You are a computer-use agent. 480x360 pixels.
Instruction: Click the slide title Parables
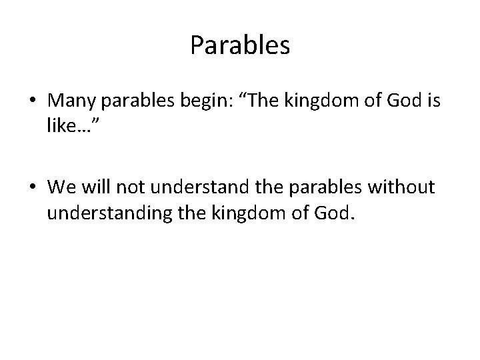click(240, 45)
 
